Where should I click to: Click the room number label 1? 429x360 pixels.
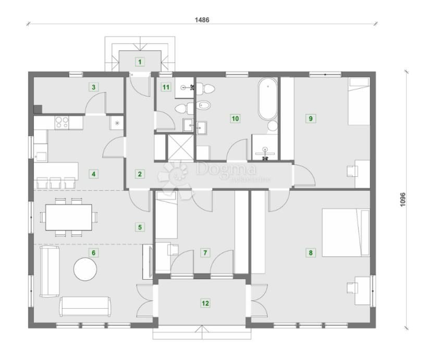(x=139, y=62)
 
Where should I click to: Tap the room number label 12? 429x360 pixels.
(x=205, y=302)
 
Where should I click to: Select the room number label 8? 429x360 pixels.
(x=311, y=253)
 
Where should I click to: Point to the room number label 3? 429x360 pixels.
(x=93, y=87)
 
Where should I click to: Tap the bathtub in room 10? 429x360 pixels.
(x=267, y=99)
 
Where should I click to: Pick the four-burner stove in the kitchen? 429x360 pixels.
(x=63, y=123)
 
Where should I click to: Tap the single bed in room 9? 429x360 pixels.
(x=359, y=102)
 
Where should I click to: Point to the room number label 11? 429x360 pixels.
(x=166, y=87)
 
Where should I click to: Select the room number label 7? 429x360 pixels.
(x=205, y=253)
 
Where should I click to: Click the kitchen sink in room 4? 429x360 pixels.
(x=42, y=155)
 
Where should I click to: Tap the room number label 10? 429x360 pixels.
(x=235, y=118)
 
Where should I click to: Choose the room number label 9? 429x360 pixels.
(x=311, y=118)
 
